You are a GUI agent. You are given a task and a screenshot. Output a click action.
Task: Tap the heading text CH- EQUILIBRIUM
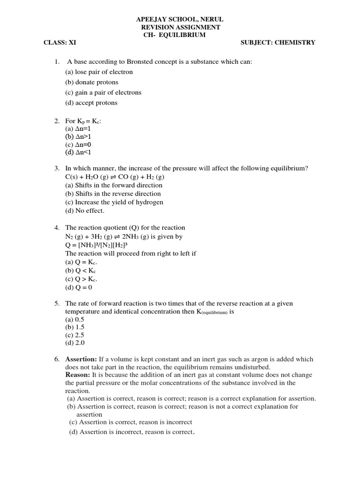[174, 35]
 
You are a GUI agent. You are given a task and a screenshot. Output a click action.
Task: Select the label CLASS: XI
[60, 43]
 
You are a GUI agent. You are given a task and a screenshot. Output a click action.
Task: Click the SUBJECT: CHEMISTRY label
[277, 43]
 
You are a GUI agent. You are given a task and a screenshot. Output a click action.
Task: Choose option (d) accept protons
[91, 103]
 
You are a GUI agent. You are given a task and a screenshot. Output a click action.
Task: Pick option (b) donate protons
[92, 82]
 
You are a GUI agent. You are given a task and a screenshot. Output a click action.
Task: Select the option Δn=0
[78, 144]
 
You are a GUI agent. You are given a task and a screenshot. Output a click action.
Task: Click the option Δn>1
[78, 136]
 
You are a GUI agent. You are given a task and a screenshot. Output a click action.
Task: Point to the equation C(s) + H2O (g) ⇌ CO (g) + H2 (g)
[114, 177]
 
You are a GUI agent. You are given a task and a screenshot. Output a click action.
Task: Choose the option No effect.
[85, 210]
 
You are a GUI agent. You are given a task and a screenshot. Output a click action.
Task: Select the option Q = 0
[79, 287]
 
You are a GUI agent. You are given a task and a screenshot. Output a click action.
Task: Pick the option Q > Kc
[81, 279]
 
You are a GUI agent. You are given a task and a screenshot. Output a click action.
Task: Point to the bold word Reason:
[77, 375]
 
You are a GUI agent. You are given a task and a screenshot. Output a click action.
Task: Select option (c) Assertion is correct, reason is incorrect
[131, 422]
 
